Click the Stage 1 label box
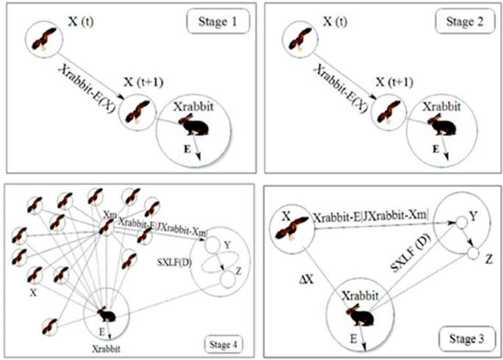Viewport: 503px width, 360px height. click(x=214, y=22)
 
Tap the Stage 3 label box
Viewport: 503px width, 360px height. click(x=461, y=339)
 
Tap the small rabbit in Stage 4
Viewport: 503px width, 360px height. click(x=107, y=315)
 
